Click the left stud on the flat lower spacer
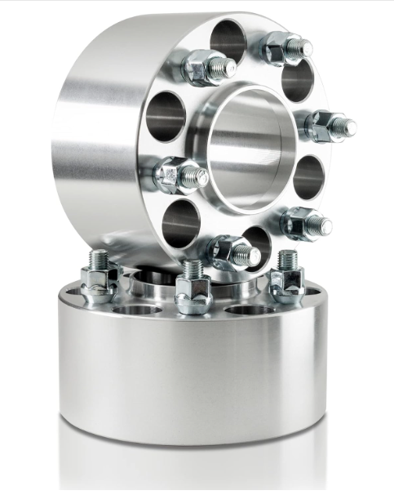(x=99, y=278)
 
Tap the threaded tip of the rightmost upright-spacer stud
(x=346, y=127)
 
